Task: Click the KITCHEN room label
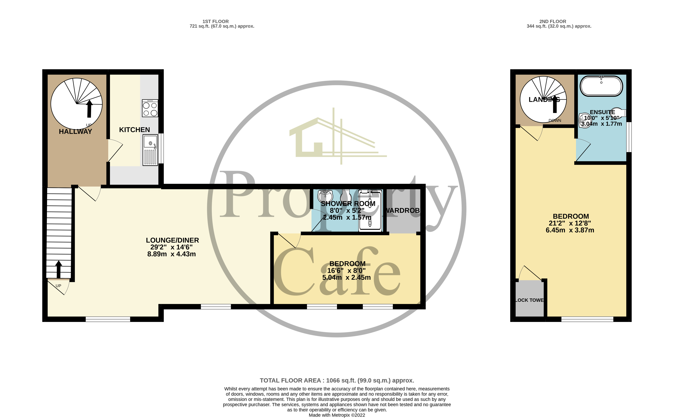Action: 134,130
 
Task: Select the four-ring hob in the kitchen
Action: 150,108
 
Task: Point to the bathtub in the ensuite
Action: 601,86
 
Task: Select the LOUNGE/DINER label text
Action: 172,240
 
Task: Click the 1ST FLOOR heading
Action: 215,21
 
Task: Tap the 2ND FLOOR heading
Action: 553,21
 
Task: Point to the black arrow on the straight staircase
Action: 59,269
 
